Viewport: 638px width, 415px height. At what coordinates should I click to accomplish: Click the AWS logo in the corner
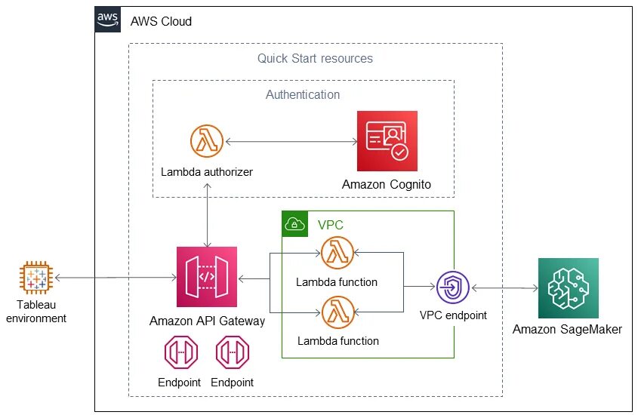[x=107, y=20]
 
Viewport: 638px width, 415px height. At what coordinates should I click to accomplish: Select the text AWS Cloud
[x=162, y=21]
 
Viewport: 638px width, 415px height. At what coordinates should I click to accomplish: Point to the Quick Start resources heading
[x=315, y=58]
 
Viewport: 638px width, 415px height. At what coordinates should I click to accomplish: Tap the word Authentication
[x=303, y=95]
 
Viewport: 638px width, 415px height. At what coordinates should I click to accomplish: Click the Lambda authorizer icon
[x=206, y=142]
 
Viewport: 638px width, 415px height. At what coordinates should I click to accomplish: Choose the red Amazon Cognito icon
[x=387, y=142]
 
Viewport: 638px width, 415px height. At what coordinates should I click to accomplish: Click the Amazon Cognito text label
[x=387, y=184]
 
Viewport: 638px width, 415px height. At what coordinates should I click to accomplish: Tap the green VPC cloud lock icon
[x=294, y=224]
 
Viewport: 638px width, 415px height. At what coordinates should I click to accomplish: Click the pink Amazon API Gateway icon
[x=206, y=277]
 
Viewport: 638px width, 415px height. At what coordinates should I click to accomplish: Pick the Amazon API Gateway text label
[x=207, y=321]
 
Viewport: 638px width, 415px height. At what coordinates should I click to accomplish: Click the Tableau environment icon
[x=35, y=278]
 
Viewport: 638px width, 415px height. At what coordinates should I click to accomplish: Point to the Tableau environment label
[x=35, y=312]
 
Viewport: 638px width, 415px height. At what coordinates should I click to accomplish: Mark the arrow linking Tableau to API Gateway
[x=113, y=278]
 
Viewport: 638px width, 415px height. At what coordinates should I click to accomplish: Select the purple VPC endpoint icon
[x=452, y=287]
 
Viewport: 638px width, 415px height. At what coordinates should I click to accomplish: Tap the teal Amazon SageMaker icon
[x=568, y=287]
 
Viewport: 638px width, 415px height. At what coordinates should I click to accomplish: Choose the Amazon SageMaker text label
[x=568, y=329]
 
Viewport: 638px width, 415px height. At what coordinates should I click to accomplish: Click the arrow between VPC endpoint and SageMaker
[x=504, y=287]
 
